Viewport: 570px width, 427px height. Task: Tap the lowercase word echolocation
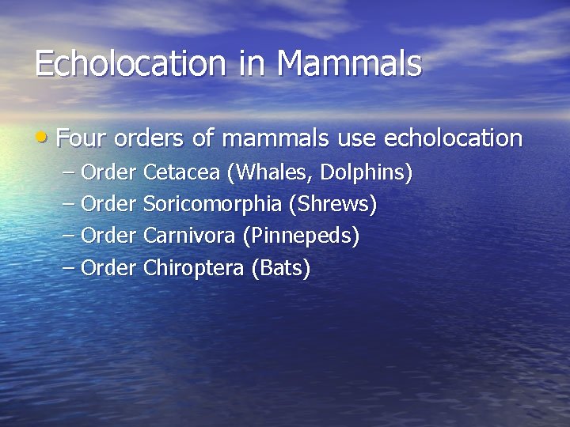point(453,139)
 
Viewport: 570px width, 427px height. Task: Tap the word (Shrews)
point(332,205)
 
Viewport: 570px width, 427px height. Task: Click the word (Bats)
point(280,269)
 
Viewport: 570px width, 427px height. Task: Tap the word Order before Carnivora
point(109,236)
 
